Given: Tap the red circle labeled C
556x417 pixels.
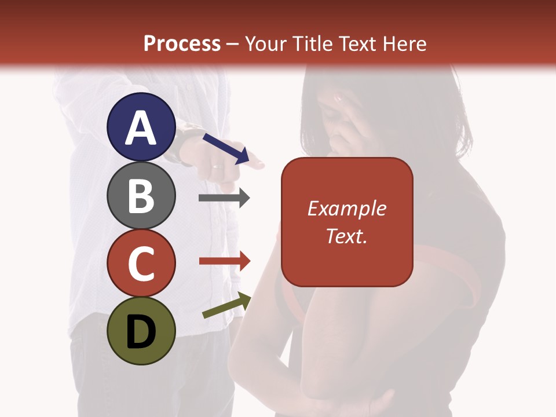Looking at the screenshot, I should coord(141,263).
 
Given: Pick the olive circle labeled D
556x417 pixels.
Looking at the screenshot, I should coord(141,331).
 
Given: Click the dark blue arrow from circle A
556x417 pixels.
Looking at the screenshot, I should coord(226,148).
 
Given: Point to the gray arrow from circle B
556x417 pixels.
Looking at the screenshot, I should coord(224,198).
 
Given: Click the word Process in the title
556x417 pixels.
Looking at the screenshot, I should coord(182,44).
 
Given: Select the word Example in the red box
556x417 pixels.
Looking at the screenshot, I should coord(346,209).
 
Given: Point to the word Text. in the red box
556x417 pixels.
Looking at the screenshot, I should coord(346,236).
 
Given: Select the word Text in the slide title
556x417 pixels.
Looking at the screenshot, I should coord(359,44).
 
